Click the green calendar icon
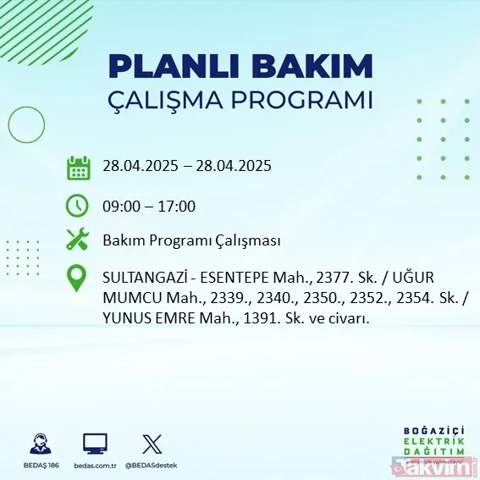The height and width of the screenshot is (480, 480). tap(78, 168)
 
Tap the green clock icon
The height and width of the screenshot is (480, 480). tap(78, 206)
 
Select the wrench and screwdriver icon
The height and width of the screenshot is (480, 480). tap(78, 240)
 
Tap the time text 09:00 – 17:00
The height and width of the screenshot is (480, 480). tap(149, 206)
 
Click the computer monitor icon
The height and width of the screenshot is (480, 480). tap(94, 444)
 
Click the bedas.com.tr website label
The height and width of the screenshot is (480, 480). tap(94, 465)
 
